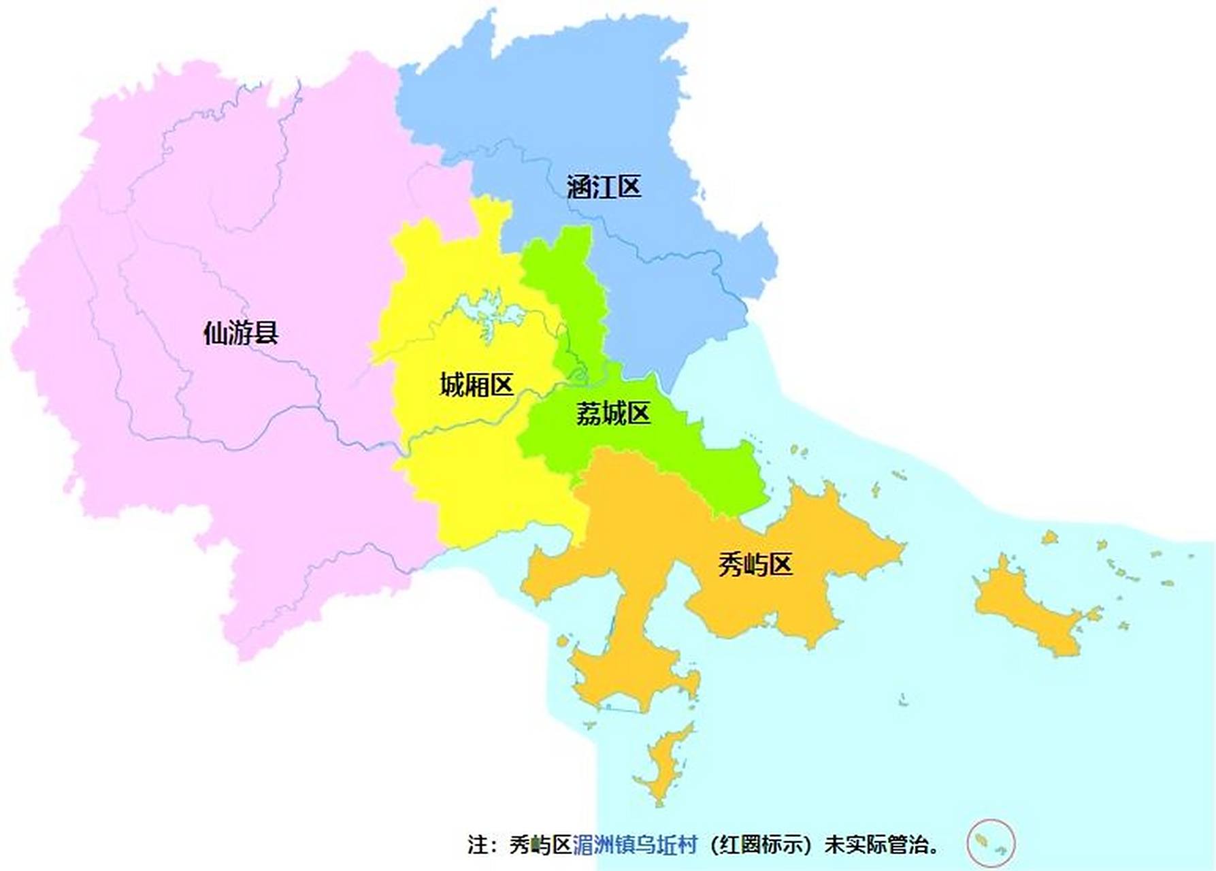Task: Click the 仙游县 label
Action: tap(241, 333)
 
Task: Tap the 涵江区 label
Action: tap(604, 187)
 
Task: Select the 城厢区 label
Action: tap(476, 385)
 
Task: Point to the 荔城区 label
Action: tap(613, 413)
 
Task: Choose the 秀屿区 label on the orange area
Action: tap(755, 565)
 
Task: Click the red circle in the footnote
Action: tap(991, 843)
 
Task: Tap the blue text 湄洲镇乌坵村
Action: tap(635, 845)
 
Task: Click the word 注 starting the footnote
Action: tap(478, 845)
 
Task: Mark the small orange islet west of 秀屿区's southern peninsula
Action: tap(563, 641)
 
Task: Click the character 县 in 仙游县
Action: tap(266, 333)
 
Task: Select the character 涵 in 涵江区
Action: tap(579, 187)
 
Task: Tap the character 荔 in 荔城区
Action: tap(588, 413)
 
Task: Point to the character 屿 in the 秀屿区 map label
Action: tap(755, 565)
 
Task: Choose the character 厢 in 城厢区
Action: tap(476, 385)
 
